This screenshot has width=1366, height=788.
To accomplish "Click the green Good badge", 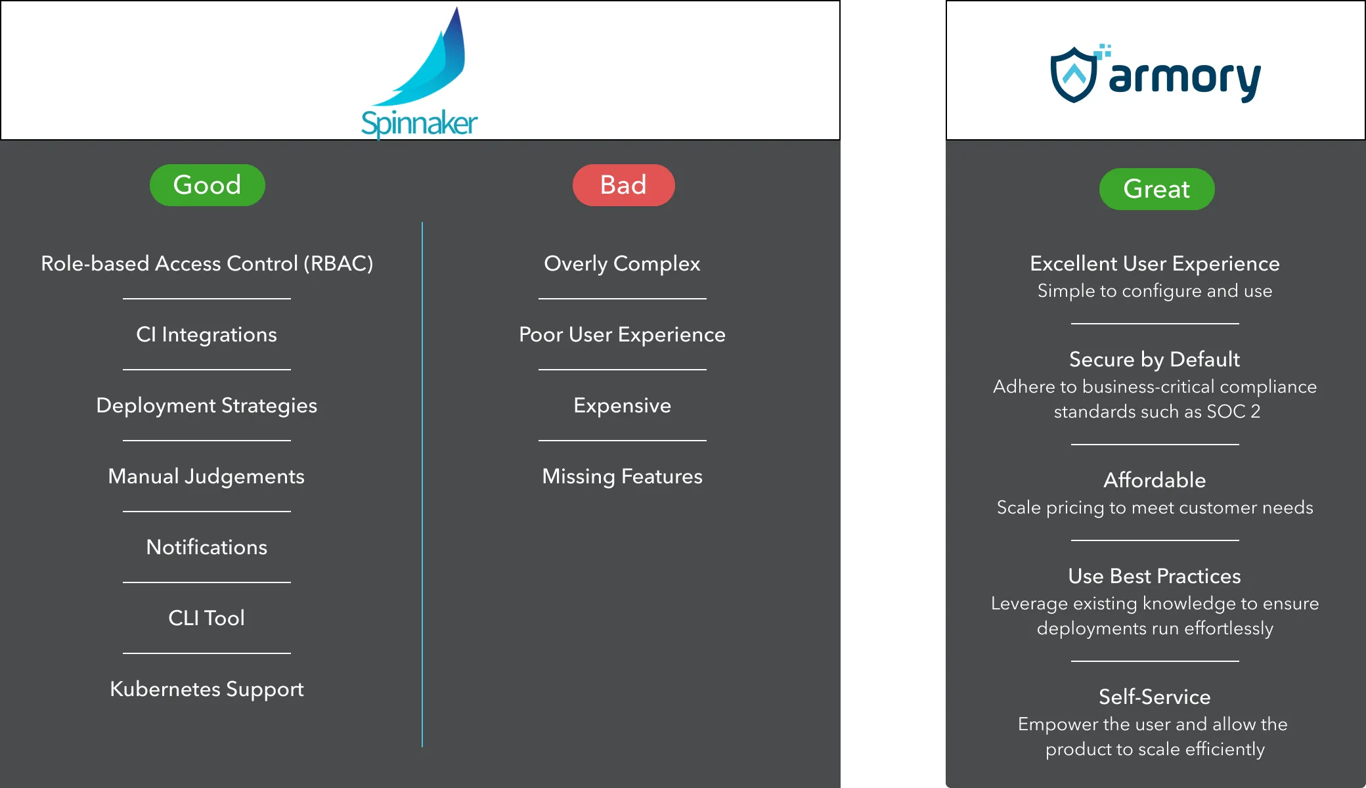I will [207, 185].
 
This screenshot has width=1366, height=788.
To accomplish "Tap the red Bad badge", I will [623, 185].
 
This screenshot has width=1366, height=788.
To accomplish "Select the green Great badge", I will [1157, 189].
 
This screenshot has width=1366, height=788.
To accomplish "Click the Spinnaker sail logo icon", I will [433, 62].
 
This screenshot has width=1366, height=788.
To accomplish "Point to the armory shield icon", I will [1074, 75].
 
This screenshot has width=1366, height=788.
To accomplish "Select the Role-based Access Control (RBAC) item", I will [207, 263].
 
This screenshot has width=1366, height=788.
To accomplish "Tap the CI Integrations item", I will [207, 334].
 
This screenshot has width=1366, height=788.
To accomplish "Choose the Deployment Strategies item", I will [207, 405].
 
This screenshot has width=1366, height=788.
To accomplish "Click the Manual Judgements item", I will [207, 476].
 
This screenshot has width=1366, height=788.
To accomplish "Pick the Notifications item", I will [207, 547].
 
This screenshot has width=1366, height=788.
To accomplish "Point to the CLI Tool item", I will [207, 618].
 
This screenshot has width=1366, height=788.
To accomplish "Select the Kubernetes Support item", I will [207, 689].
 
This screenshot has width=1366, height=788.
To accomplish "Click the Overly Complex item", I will [622, 263].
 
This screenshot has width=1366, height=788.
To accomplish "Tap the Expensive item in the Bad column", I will [622, 405].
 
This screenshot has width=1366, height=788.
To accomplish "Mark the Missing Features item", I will [622, 476].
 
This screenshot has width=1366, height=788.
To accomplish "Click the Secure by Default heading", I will [1155, 359].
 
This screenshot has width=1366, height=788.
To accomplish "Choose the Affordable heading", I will [1155, 480].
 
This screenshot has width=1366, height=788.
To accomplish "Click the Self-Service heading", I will [1155, 697].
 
